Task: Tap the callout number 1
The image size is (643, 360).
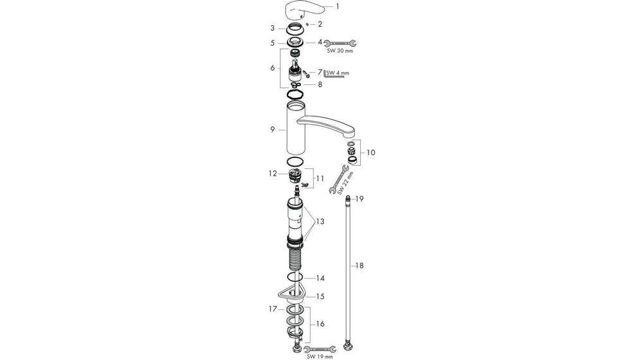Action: tap(338, 7)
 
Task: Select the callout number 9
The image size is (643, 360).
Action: tap(273, 129)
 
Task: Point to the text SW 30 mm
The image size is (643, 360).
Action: tap(340, 51)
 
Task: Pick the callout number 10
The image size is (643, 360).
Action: tap(371, 152)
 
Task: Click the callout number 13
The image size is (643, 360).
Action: tap(320, 221)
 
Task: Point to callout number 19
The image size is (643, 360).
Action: tap(360, 199)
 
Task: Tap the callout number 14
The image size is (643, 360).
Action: tap(320, 278)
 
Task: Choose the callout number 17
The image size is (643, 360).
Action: tap(272, 309)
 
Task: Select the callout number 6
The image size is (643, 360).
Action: tap(273, 67)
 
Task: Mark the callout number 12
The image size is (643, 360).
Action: tap(273, 173)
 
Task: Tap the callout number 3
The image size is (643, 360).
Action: tap(273, 28)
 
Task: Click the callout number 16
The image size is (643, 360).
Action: tap(320, 324)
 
